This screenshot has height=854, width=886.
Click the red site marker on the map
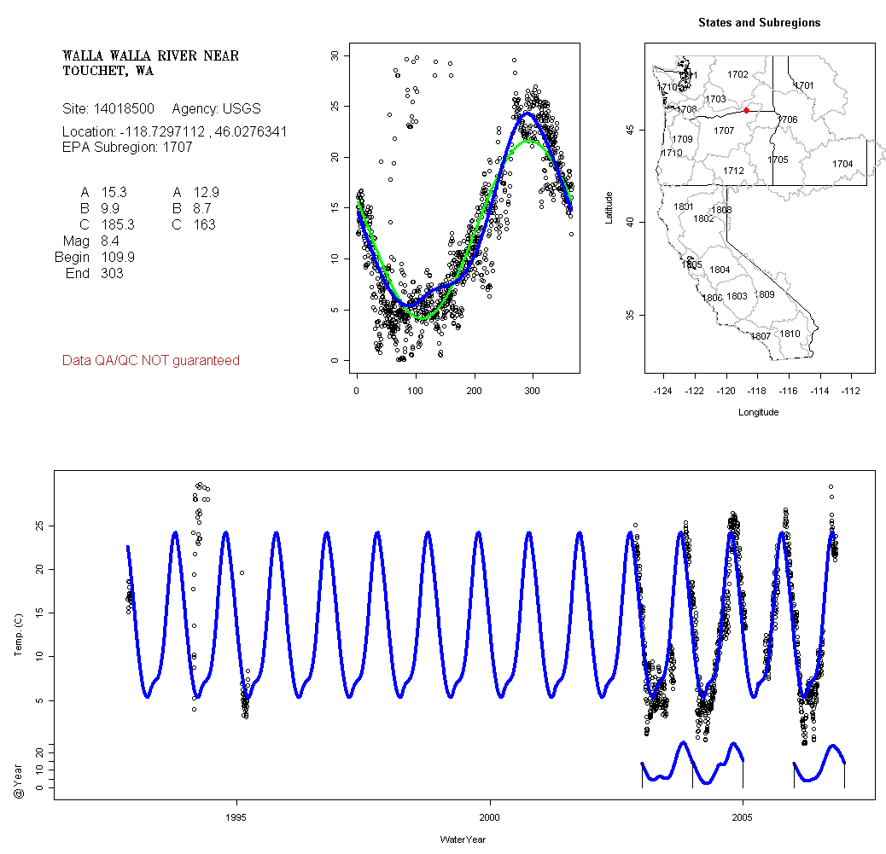746,110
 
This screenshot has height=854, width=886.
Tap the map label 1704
842,164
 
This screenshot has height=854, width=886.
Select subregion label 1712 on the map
733,171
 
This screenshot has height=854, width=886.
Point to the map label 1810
790,334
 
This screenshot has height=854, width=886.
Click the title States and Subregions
759,23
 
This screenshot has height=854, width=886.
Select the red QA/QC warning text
151,361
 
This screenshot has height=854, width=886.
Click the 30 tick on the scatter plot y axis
335,55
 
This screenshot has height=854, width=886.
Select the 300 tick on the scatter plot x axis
532,391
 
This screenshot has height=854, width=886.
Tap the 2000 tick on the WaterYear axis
490,816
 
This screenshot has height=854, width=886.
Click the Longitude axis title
758,412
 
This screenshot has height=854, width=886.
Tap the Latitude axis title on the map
609,205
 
